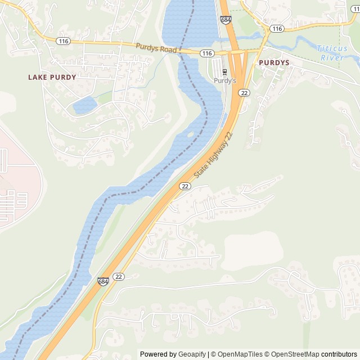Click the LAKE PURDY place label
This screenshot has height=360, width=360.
tap(52, 77)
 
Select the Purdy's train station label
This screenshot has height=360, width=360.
tap(225, 81)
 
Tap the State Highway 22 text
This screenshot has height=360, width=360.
tap(213, 157)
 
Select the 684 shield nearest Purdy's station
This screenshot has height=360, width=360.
tap(226, 20)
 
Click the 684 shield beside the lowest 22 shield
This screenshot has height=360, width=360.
tap(103, 281)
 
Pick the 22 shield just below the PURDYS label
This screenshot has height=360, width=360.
tap(244, 93)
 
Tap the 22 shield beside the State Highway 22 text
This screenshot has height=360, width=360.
tap(185, 186)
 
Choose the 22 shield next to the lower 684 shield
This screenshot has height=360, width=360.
tap(118, 276)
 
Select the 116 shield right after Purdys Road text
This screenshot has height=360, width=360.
tap(207, 53)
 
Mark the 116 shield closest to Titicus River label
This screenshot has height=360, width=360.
tap(276, 28)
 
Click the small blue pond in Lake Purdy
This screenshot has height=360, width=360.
tap(84, 105)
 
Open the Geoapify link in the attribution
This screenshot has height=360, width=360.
tap(191, 354)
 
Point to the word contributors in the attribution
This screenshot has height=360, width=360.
tap(339, 354)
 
